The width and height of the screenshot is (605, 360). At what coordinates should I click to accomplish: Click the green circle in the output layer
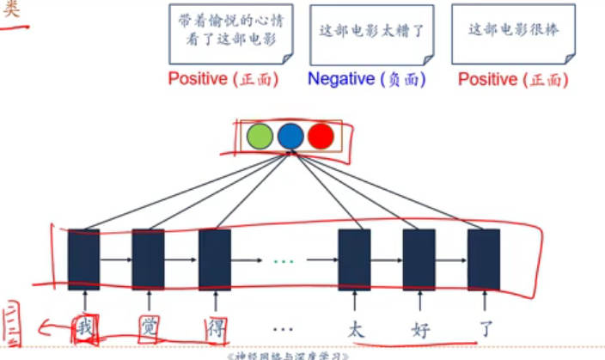pyautogui.click(x=260, y=137)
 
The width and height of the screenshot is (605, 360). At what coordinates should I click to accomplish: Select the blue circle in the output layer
pyautogui.click(x=290, y=137)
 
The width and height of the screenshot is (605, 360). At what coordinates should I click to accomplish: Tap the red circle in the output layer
pyautogui.click(x=321, y=137)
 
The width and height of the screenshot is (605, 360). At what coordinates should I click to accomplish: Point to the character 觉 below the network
pyautogui.click(x=148, y=328)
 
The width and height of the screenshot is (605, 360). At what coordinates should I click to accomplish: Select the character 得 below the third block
pyautogui.click(x=214, y=328)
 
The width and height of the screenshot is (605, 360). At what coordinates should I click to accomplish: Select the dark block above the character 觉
pyautogui.click(x=148, y=259)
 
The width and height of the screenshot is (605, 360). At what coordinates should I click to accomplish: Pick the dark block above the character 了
pyautogui.click(x=484, y=259)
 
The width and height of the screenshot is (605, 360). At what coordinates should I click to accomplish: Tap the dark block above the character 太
pyautogui.click(x=354, y=259)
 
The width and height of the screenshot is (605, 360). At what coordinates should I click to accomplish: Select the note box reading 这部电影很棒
pyautogui.click(x=514, y=34)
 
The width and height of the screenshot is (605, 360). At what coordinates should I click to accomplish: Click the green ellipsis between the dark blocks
pyautogui.click(x=283, y=259)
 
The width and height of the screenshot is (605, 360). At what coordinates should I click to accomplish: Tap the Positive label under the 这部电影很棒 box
pyautogui.click(x=512, y=79)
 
